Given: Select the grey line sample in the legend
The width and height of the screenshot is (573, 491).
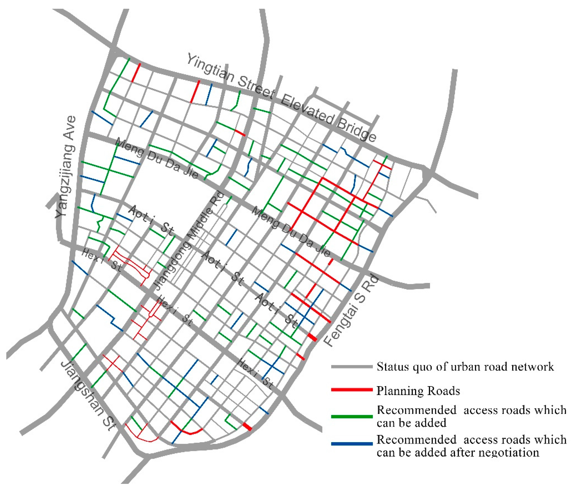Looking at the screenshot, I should click(x=352, y=367).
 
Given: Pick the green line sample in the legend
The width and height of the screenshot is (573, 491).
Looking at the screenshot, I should click(x=352, y=416).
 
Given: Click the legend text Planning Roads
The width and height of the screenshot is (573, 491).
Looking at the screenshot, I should click(x=418, y=391).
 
